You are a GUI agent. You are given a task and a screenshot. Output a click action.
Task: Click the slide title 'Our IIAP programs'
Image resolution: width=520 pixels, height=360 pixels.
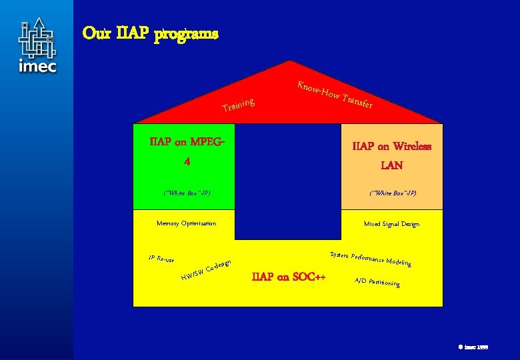(150, 33)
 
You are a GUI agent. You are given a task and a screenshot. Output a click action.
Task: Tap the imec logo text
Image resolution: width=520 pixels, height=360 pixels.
(37, 66)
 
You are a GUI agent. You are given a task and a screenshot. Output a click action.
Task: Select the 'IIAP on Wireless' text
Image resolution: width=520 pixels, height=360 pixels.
(391, 146)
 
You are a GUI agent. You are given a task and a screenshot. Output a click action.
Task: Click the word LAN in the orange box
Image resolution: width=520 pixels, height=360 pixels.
(391, 165)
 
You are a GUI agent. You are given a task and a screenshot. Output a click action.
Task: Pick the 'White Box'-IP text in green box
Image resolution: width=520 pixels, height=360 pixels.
(187, 193)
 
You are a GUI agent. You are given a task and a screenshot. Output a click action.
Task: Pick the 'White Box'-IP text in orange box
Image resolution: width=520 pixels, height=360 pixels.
(393, 193)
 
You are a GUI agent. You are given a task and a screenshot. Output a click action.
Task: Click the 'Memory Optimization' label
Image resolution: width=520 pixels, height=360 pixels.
(186, 223)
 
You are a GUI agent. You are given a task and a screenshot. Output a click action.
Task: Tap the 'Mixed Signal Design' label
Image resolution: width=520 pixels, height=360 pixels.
(391, 224)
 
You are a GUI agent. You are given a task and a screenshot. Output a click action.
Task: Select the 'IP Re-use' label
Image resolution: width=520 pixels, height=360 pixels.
(161, 257)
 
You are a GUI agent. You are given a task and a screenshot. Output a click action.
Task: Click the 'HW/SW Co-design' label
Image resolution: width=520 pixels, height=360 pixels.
(206, 269)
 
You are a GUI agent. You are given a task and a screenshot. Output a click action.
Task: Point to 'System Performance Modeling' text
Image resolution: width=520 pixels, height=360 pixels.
(370, 259)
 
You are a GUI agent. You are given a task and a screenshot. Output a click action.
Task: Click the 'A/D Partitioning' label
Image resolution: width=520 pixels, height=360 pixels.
(377, 282)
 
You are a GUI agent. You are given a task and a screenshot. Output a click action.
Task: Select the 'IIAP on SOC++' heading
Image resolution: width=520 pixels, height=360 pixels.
(288, 277)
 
